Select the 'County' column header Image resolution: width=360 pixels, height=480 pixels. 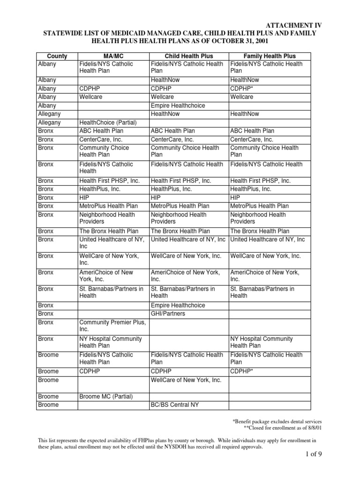pos(57,56)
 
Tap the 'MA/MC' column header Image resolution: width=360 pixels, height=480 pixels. pos(113,56)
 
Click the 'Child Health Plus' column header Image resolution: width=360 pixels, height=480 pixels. pos(188,56)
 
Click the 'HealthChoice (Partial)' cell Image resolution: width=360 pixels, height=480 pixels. pos(108,122)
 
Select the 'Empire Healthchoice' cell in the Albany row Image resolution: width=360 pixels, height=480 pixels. pos(178,105)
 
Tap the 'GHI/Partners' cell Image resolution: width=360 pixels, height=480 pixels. pos(168,314)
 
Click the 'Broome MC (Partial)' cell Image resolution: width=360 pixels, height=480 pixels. pos(106,397)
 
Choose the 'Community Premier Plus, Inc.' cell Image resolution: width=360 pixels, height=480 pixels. pos(112,325)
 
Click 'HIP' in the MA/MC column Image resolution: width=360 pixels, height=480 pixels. pos(84,197)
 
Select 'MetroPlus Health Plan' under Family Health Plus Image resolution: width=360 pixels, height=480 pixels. pos(260,206)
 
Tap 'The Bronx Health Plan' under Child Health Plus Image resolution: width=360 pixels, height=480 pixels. pos(180,231)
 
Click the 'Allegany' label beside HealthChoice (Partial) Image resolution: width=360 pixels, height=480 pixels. pos(50,122)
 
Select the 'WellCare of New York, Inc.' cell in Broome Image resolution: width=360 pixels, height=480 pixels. pos(186,380)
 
